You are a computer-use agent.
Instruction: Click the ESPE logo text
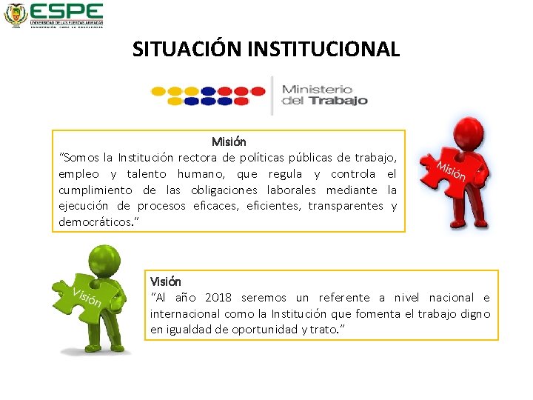click(67, 11)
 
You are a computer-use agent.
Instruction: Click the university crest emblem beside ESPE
click(16, 14)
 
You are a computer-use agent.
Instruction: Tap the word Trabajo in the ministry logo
click(337, 101)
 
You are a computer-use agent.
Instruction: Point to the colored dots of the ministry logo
click(208, 96)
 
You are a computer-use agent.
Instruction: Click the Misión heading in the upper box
click(229, 141)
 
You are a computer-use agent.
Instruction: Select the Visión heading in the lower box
click(165, 281)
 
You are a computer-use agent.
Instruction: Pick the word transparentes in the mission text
click(346, 206)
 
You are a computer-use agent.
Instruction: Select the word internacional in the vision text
click(185, 313)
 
